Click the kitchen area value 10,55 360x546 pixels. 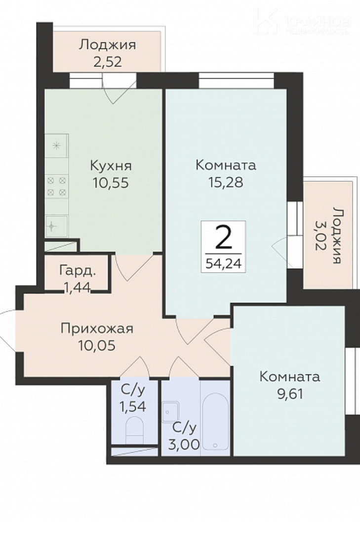111,182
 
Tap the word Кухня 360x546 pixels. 111,166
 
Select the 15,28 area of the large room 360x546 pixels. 226,182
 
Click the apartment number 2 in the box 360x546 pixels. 223,238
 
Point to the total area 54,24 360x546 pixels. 223,263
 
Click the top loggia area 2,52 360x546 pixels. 108,62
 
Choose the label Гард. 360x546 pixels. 78,270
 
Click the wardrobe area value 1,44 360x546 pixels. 77,287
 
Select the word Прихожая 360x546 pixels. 97,329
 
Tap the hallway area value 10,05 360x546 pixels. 97,345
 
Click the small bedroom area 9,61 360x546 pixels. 290,394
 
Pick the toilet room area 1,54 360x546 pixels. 133,406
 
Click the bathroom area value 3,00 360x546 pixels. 184,444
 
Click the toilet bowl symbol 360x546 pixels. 134,430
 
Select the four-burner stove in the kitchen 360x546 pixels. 57,186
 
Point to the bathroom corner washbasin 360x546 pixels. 171,412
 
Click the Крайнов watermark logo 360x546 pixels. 303,22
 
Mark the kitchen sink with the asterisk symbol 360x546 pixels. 57,146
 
